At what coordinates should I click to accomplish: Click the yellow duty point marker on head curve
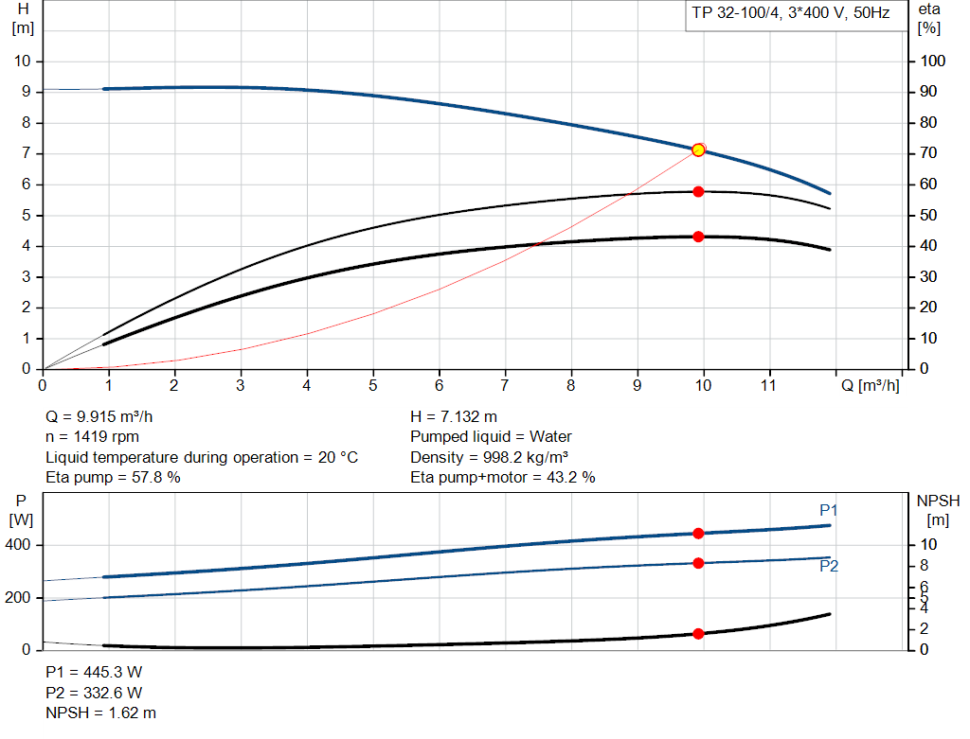tap(698, 150)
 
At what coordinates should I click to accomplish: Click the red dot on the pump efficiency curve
tap(698, 191)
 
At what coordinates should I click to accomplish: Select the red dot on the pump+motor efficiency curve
tap(698, 237)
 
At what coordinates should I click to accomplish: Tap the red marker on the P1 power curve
tap(698, 534)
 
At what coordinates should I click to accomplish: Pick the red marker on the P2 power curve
tap(698, 563)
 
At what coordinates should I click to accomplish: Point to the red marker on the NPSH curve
tap(698, 634)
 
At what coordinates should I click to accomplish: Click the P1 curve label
tap(829, 511)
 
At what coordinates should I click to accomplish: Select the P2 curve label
tap(829, 567)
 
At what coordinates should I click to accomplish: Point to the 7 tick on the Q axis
tap(505, 385)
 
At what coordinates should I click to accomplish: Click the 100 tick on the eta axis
tap(932, 62)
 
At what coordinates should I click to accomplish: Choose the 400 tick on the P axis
tap(20, 545)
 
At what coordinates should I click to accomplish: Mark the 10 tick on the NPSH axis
tap(930, 545)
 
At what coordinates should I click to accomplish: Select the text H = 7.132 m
tap(454, 416)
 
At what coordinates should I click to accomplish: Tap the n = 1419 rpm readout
tap(93, 437)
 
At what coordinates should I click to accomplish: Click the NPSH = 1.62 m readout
tap(101, 713)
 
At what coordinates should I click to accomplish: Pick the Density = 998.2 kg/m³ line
tap(489, 457)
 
